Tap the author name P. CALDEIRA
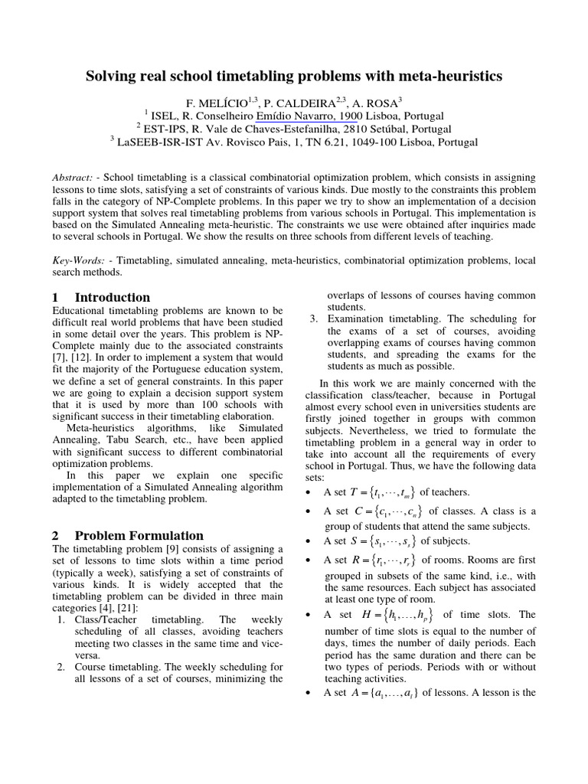coord(302,103)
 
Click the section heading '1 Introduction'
coord(101,297)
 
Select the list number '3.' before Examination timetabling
coord(314,318)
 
